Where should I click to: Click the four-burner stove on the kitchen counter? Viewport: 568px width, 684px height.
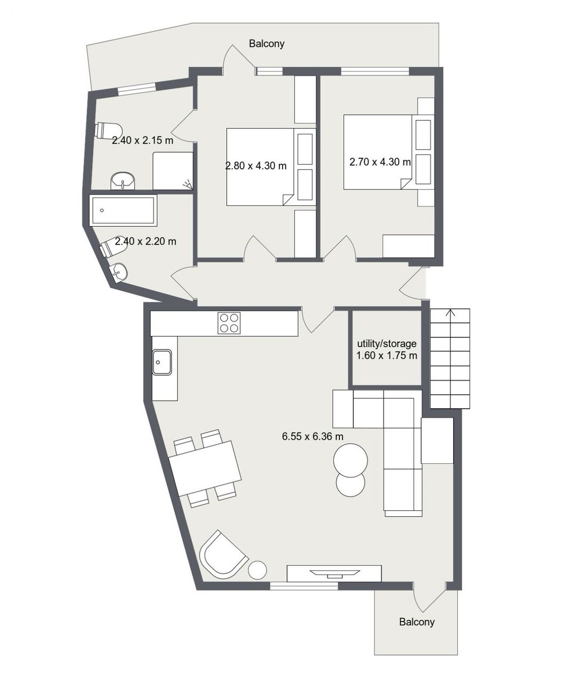(x=229, y=323)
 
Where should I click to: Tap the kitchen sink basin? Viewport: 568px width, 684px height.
(x=162, y=362)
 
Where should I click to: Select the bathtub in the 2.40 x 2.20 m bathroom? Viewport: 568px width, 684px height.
(x=123, y=211)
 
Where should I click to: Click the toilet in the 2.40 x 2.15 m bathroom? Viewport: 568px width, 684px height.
(x=108, y=131)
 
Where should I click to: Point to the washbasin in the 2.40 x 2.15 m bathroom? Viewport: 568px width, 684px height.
(x=123, y=181)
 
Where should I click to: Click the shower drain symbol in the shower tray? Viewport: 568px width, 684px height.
(x=188, y=184)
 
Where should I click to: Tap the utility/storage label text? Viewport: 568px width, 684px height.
(x=386, y=344)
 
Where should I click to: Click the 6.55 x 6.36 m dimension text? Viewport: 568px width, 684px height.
(x=313, y=437)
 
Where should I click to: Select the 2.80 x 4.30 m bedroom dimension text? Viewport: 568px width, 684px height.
(x=256, y=166)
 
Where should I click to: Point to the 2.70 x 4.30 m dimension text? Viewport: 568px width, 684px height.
(x=380, y=162)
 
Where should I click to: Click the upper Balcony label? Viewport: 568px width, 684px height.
(x=267, y=44)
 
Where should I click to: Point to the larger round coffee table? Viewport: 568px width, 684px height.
(x=351, y=460)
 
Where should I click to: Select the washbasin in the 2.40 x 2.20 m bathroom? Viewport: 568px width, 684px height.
(x=118, y=271)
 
